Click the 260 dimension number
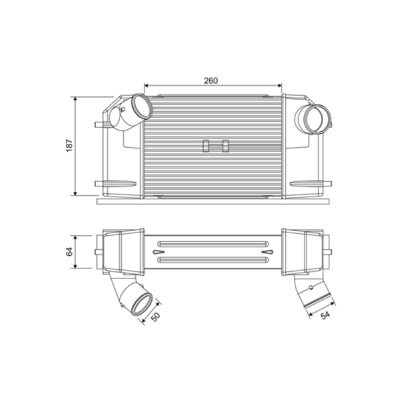pyautogui.click(x=211, y=81)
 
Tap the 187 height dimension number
pyautogui.click(x=70, y=145)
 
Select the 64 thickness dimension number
pyautogui.click(x=70, y=252)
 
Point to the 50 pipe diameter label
pyautogui.click(x=155, y=317)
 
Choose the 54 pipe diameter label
pyautogui.click(x=325, y=315)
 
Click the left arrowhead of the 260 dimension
pyautogui.click(x=146, y=85)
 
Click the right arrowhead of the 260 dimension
pyautogui.click(x=279, y=85)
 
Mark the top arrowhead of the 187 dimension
pyautogui.click(x=75, y=99)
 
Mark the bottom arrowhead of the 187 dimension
pyautogui.click(x=75, y=193)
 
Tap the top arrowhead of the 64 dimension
pyautogui.click(x=75, y=238)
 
